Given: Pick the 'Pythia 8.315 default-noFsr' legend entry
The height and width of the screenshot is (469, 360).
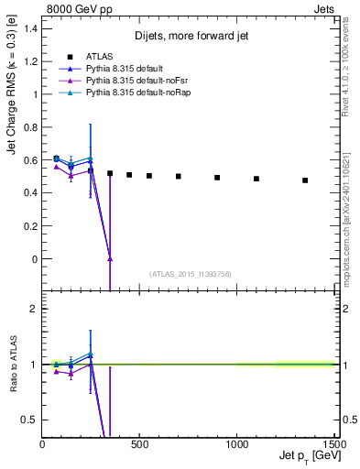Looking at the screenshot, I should tap(134, 81).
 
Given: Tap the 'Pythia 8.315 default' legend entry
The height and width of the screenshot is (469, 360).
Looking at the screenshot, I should tap(123, 69).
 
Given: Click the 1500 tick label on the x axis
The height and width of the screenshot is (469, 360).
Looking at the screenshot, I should tap(333, 444).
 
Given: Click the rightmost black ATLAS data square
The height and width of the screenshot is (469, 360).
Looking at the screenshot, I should tap(305, 180).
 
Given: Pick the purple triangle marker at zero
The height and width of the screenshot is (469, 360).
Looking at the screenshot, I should tap(110, 259).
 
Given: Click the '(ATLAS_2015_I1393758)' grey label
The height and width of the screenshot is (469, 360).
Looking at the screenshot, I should tap(189, 273).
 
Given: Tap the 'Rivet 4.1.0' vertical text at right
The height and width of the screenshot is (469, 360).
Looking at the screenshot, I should tap(352, 64).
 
